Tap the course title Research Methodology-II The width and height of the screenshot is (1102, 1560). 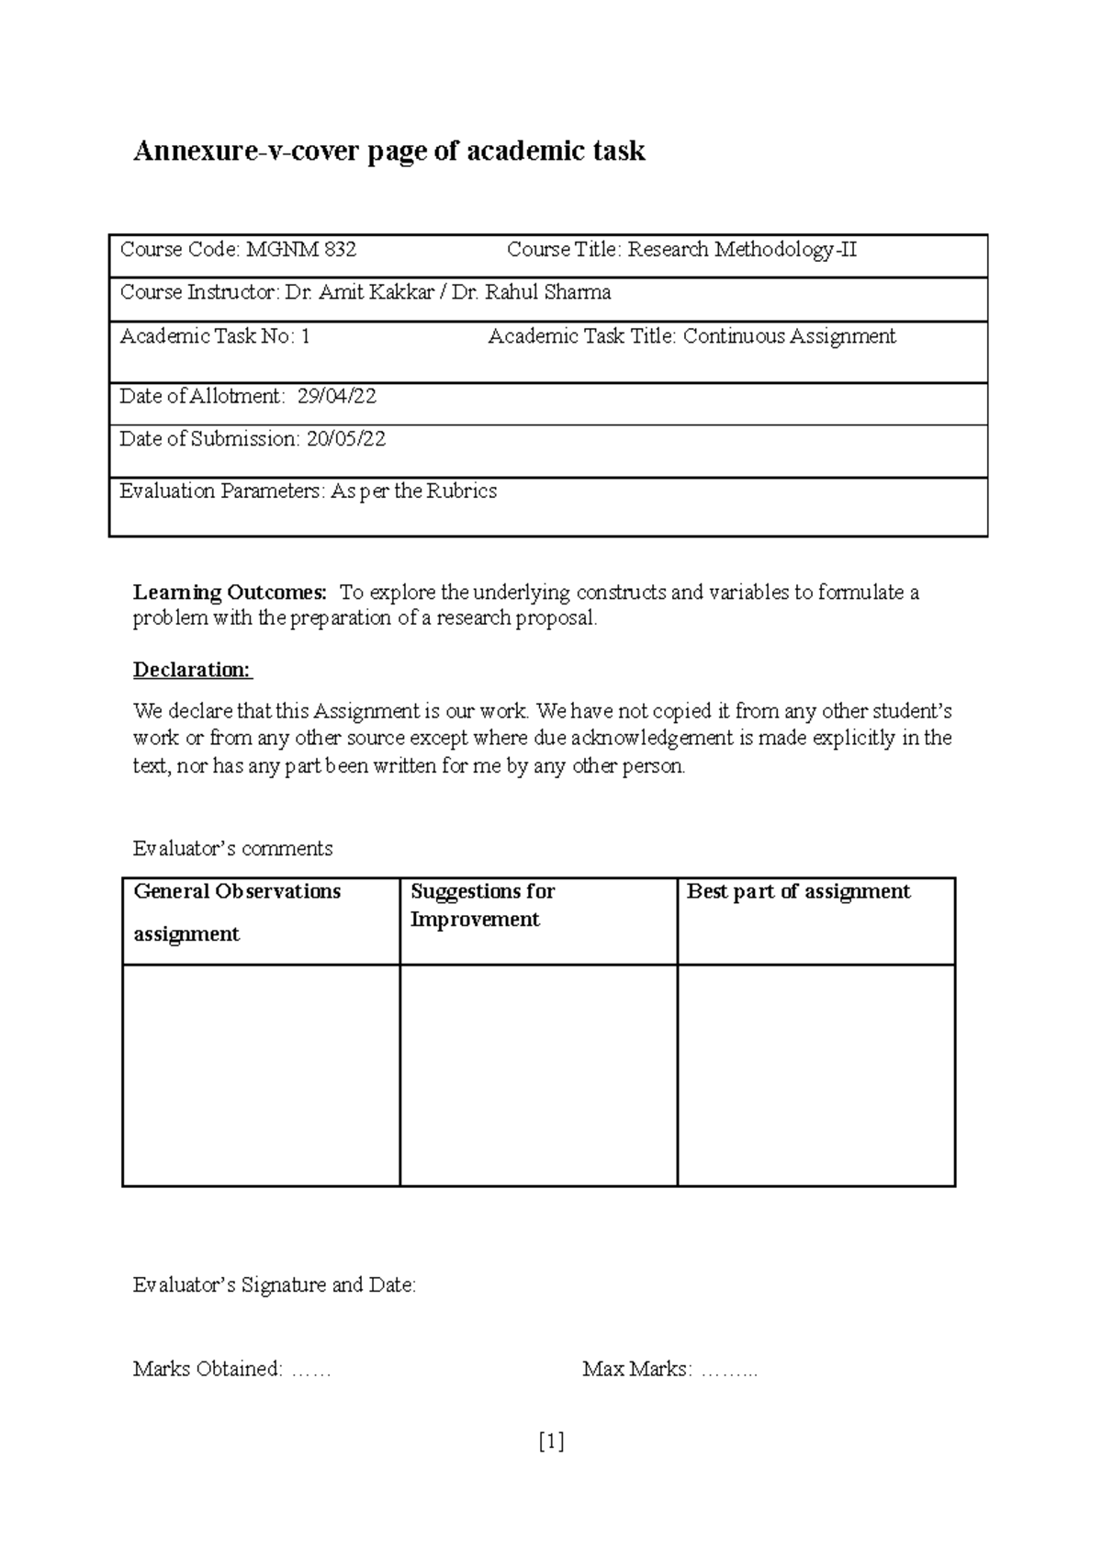[x=742, y=250]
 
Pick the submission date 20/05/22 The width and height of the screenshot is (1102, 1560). [x=346, y=439]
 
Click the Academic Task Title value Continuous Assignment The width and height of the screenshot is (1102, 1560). [x=789, y=336]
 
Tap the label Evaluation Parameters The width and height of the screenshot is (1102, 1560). [x=220, y=492]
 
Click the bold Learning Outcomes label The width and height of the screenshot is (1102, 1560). [x=230, y=593]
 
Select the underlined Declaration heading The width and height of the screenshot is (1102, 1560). [x=192, y=670]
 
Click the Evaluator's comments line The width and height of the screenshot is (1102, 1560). [x=232, y=848]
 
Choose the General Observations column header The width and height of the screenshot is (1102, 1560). [x=237, y=892]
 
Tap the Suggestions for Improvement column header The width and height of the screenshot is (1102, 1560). [x=482, y=905]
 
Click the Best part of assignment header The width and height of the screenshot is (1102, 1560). [x=798, y=892]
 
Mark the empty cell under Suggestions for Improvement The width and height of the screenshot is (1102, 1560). [x=538, y=1075]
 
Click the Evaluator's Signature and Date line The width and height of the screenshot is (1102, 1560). [x=274, y=1285]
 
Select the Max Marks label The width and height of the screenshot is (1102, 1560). [x=636, y=1370]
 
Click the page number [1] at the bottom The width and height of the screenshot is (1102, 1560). [x=551, y=1441]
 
